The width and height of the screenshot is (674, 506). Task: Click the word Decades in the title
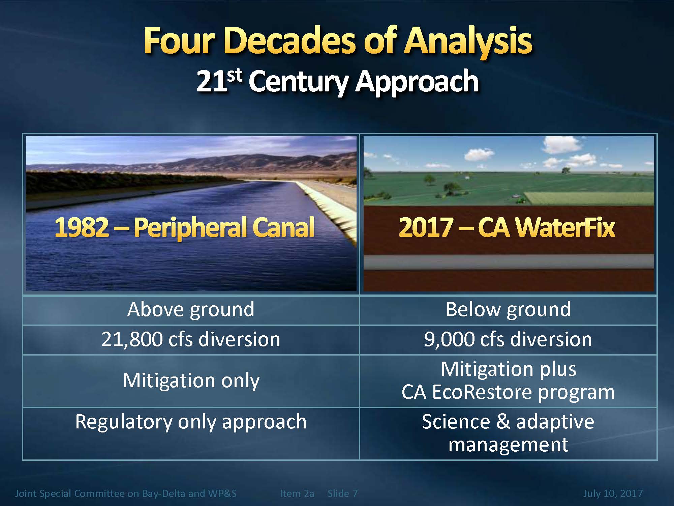[x=289, y=41]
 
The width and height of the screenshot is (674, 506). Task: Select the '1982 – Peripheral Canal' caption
[x=184, y=227]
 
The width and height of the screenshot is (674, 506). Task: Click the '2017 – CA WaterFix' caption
[x=507, y=227]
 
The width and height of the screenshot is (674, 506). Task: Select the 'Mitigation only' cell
[x=191, y=381]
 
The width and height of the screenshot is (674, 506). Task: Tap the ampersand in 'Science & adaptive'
[x=503, y=422]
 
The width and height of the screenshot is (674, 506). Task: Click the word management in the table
[x=508, y=445]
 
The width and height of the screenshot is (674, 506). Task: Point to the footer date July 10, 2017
[x=613, y=494]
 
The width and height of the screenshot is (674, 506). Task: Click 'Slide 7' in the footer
[x=342, y=494]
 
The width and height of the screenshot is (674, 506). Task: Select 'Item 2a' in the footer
[x=297, y=494]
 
